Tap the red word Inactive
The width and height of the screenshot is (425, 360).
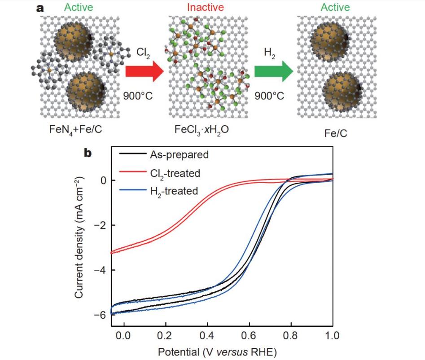pos(205,7)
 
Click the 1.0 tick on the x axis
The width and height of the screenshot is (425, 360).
pos(332,335)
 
